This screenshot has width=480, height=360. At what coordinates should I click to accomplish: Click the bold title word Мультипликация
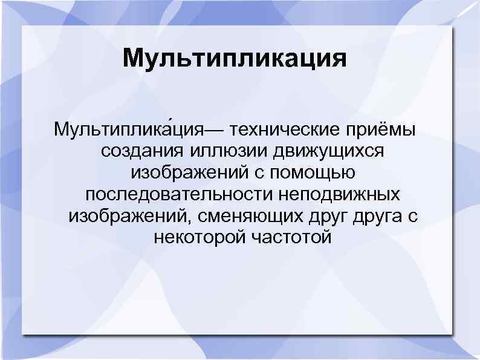point(235,60)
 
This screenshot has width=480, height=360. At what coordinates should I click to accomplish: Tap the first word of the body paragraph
point(128,129)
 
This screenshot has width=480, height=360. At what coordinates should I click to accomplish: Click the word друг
point(332,217)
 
